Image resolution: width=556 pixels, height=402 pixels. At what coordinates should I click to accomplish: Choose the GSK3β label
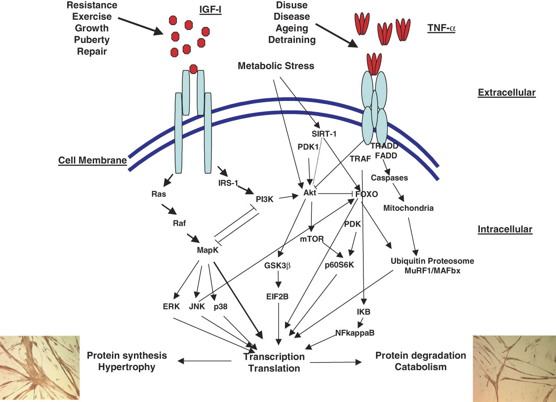tap(278, 265)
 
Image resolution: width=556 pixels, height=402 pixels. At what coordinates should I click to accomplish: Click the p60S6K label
tap(339, 264)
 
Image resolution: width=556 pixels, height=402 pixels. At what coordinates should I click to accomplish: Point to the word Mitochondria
tap(409, 208)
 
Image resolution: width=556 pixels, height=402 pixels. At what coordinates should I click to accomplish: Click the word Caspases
tap(389, 178)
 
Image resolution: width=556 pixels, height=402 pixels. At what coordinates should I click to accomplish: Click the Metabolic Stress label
tap(276, 66)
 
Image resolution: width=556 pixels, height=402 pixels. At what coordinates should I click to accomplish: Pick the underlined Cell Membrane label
tap(92, 161)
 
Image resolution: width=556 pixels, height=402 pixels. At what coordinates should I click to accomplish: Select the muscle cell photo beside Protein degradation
tap(514, 368)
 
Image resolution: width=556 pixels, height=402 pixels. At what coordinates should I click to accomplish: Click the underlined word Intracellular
tap(505, 229)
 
